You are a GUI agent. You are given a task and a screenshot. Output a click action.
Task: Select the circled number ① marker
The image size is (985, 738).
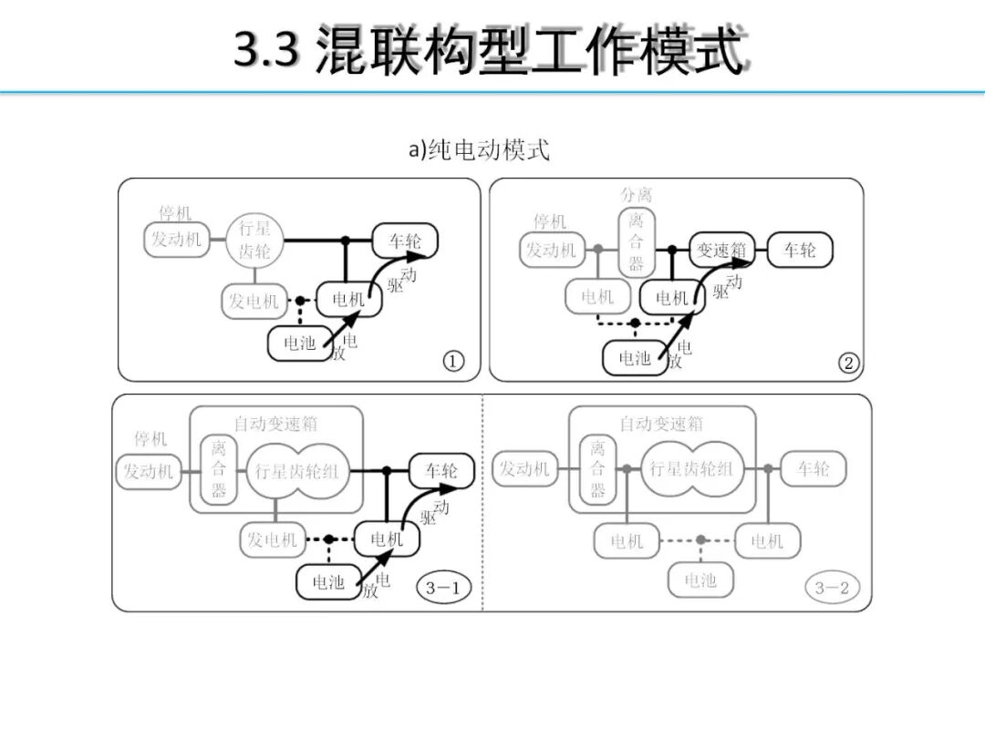click(x=453, y=362)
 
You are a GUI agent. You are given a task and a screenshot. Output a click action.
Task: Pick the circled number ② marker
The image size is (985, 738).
click(x=848, y=364)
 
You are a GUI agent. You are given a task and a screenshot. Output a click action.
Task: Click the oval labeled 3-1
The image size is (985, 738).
click(x=443, y=588)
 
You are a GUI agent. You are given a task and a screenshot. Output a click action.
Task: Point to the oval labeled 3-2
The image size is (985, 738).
click(x=832, y=588)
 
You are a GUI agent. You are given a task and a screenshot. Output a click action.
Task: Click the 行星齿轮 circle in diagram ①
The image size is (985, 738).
click(x=255, y=241)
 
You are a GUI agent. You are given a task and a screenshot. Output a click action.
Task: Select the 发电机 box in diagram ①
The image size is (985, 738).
click(x=253, y=301)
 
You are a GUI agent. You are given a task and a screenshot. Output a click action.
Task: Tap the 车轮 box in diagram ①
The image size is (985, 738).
click(x=405, y=241)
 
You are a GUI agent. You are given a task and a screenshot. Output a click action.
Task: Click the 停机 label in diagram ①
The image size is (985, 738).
click(x=175, y=213)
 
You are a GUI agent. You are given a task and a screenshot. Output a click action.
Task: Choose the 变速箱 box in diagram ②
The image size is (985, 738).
click(x=722, y=250)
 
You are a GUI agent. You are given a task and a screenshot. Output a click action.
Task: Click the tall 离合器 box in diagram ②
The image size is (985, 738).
click(x=636, y=241)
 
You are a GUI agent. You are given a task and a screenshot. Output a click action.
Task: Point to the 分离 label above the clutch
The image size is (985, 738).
click(x=636, y=194)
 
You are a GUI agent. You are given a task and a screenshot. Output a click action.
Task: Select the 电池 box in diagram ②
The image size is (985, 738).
click(x=635, y=358)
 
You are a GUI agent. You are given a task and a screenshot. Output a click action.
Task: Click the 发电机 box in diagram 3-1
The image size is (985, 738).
click(x=272, y=540)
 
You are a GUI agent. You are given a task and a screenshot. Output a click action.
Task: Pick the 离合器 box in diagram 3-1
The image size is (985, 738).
click(x=219, y=470)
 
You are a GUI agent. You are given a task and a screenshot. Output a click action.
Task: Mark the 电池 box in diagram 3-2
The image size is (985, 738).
click(x=700, y=580)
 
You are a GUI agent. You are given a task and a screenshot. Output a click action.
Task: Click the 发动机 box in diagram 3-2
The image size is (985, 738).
click(x=524, y=470)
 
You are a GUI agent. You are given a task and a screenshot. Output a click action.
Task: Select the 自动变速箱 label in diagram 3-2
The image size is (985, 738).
click(x=661, y=424)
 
